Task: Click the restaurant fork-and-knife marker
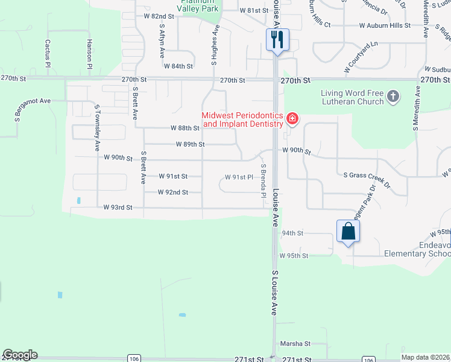click(277, 40)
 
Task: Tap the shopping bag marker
click(348, 231)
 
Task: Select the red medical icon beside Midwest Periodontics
click(292, 118)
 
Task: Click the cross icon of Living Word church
click(393, 96)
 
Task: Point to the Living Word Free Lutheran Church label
click(352, 97)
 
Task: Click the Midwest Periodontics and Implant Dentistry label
click(242, 119)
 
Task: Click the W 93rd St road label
click(118, 207)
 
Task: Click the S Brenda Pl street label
click(263, 179)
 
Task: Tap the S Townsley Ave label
click(96, 128)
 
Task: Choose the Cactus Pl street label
click(47, 53)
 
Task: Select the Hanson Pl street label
click(89, 53)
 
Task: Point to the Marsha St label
click(295, 344)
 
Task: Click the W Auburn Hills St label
click(385, 26)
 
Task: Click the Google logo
click(19, 355)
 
